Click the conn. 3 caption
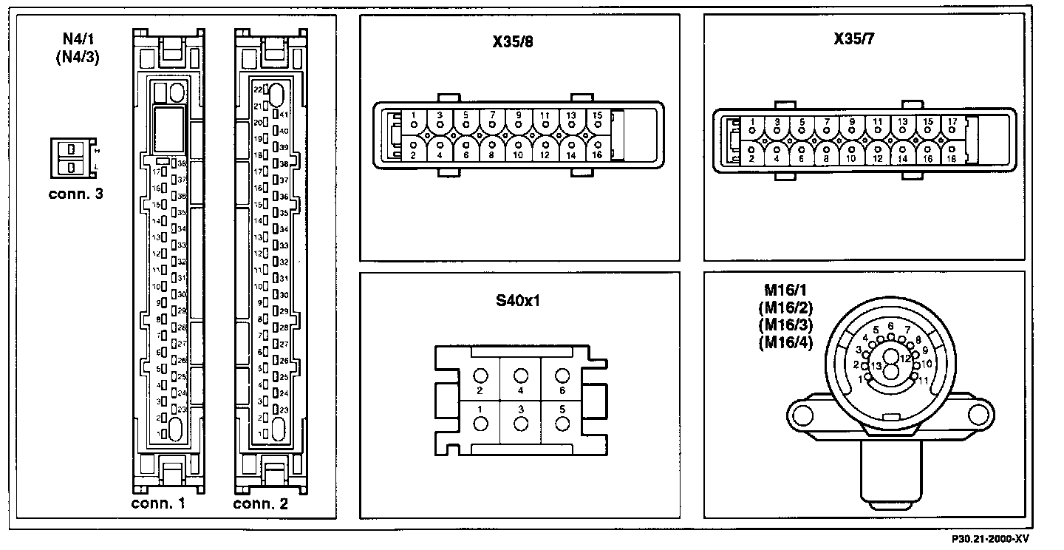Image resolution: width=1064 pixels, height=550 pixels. pos(75,195)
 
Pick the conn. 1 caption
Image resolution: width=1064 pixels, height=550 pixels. pos(157,504)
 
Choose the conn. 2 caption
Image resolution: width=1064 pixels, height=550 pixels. pos(261,504)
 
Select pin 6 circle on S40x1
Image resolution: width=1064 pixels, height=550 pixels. pos(562,375)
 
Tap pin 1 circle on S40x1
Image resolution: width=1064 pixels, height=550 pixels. pos(480,424)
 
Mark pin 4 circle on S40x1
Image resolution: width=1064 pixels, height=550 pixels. pos(521,375)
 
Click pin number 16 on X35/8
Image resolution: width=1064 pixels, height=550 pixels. pos(597,155)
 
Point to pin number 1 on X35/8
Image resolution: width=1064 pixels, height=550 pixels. pos(414,115)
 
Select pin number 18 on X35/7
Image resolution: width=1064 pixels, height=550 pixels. pos(952,159)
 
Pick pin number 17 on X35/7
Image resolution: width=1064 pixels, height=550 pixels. pos(952,121)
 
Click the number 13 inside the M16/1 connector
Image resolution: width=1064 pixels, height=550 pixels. pos(876,367)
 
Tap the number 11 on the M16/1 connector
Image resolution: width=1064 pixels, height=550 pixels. pos(924,379)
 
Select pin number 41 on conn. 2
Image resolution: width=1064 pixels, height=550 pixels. pos(284,115)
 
